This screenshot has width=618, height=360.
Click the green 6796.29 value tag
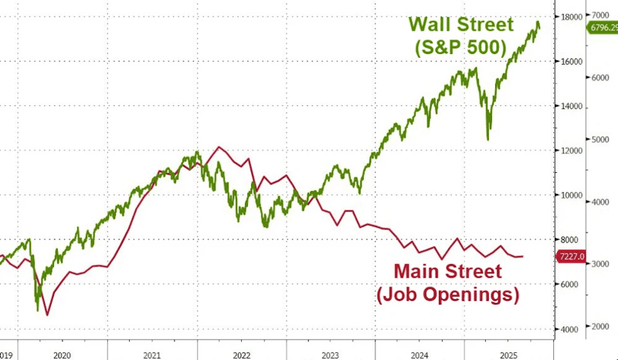click(603, 28)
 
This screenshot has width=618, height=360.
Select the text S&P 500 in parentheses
click(459, 49)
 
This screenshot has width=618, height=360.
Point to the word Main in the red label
click(423, 272)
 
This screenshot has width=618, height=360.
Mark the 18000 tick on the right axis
click(572, 16)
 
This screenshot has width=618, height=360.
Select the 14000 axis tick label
click(572, 107)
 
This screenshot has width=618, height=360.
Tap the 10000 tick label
click(572, 195)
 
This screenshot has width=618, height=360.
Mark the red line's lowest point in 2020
click(47, 314)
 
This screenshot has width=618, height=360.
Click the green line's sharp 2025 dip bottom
click(487, 139)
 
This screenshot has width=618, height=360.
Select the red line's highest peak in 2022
click(219, 147)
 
